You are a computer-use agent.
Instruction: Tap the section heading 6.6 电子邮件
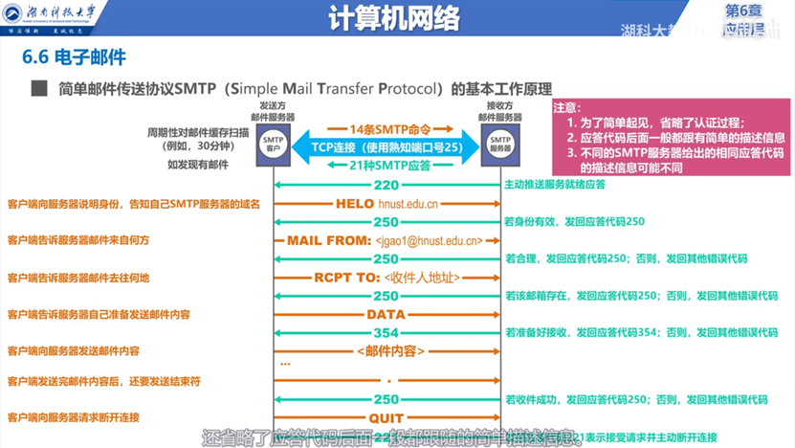74,59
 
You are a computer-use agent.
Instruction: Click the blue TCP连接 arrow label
386,147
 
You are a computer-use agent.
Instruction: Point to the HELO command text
355,204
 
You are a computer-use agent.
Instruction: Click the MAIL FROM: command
328,240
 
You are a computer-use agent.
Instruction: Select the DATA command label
386,315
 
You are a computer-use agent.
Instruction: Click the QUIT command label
386,418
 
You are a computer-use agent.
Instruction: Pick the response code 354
386,332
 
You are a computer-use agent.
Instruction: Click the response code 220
386,185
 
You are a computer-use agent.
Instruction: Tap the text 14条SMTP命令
386,128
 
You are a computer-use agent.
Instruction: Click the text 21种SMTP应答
386,166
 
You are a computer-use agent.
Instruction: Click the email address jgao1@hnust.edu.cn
430,241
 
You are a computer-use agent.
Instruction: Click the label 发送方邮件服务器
276,110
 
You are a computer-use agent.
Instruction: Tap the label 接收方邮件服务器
501,110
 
